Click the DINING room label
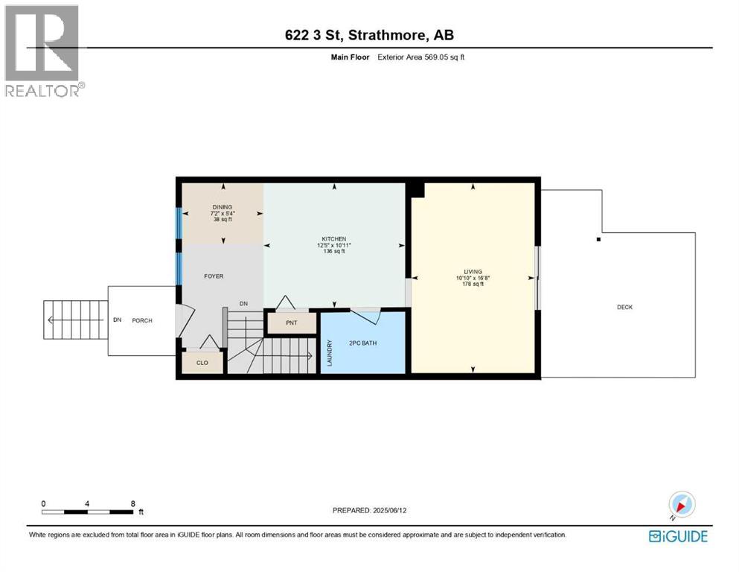point(223,207)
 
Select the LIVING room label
point(473,272)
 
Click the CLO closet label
point(202,363)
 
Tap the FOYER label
point(214,276)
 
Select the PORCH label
point(142,321)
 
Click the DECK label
point(624,307)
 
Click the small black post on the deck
point(598,239)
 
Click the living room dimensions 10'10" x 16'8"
point(473,279)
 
